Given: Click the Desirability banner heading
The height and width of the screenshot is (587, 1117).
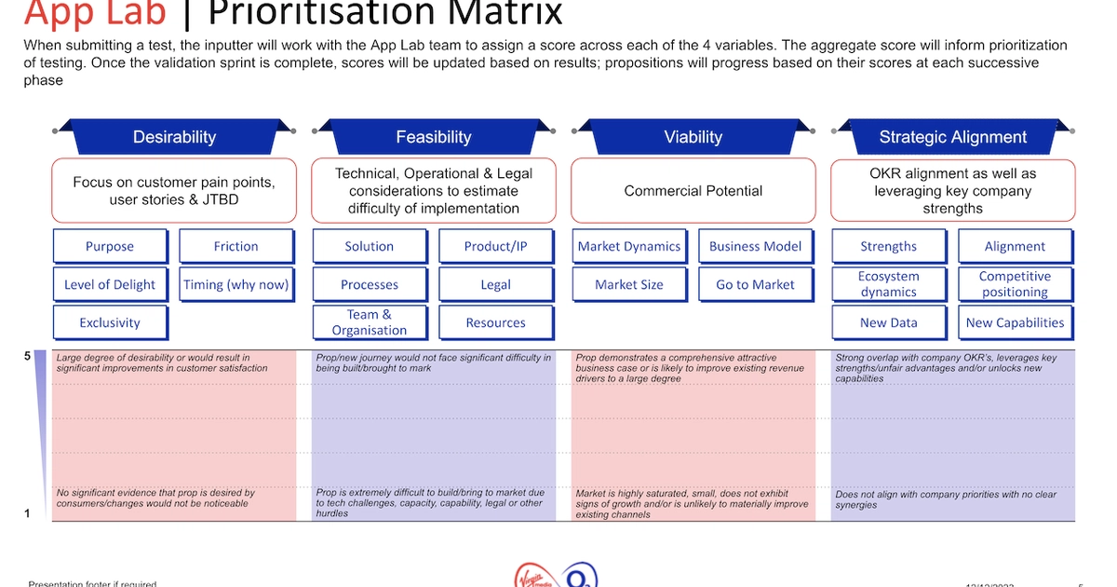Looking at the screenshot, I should click(174, 137).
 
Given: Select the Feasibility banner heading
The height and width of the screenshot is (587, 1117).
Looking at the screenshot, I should click(434, 137).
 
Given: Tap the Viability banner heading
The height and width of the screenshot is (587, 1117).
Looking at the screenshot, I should click(693, 137).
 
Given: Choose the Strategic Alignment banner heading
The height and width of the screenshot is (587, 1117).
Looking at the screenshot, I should click(953, 137).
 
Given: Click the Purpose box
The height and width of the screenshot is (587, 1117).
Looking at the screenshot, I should click(110, 246).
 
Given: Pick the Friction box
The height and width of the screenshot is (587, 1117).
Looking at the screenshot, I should click(236, 246).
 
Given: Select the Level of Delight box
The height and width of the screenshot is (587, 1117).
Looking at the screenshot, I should click(110, 284).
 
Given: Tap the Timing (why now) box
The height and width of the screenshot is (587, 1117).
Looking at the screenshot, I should click(236, 284).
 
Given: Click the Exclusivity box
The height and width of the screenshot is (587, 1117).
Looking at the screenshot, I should click(110, 322).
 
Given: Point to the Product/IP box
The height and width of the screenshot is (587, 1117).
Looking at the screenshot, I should click(495, 246).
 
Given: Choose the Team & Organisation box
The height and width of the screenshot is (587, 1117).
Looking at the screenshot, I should click(370, 322).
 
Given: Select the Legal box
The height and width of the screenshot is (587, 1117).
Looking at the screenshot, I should click(495, 284).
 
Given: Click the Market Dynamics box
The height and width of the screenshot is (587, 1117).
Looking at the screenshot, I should click(629, 246).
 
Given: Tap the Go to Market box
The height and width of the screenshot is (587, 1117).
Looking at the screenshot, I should click(755, 284).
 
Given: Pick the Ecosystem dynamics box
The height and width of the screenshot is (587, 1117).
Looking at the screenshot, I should click(888, 284).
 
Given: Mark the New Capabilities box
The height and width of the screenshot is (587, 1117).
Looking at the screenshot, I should click(1015, 322).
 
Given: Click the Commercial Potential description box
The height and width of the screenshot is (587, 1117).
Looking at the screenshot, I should click(693, 190).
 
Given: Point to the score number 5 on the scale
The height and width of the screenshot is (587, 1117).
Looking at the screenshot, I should click(27, 356).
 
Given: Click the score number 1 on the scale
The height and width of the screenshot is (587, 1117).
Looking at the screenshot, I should click(27, 512).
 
